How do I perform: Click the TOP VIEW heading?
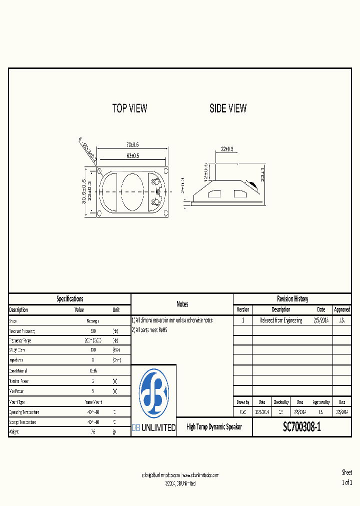click(x=129, y=108)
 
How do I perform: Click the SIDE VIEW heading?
click(x=228, y=108)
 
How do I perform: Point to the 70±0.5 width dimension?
click(x=132, y=144)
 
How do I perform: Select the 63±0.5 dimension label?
click(x=132, y=156)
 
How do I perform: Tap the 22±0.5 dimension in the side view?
click(x=227, y=149)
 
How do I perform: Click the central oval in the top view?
click(x=132, y=192)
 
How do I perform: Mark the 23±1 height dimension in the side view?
click(x=263, y=175)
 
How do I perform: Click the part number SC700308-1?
click(x=301, y=427)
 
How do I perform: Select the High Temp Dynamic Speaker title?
click(x=214, y=427)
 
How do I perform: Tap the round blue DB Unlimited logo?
click(x=153, y=393)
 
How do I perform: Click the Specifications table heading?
click(x=69, y=298)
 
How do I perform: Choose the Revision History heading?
click(x=292, y=298)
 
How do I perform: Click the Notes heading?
click(x=182, y=304)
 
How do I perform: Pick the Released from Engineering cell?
click(x=281, y=320)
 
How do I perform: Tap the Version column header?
click(x=242, y=309)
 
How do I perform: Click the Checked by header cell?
click(x=280, y=402)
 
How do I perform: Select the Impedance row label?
click(x=16, y=360)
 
